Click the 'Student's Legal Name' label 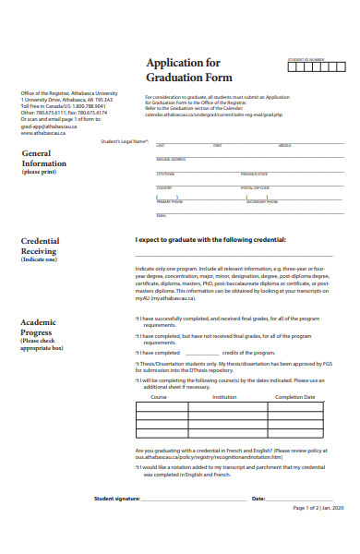(124, 141)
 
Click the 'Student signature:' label (116, 498)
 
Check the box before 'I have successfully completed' (138, 319)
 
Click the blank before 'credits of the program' (202, 352)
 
